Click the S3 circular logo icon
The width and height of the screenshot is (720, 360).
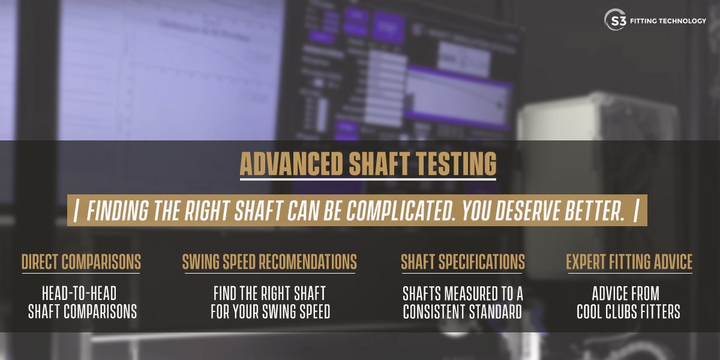615,20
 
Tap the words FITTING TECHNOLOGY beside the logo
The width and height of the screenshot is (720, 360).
668,21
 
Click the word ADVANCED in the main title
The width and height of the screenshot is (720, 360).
291,164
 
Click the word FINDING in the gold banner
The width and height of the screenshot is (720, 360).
118,211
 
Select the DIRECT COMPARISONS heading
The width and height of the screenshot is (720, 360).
81,262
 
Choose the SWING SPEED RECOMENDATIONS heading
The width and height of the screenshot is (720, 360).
269,262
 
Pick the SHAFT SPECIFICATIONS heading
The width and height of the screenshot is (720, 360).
463,262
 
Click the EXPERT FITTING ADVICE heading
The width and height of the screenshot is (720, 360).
629,262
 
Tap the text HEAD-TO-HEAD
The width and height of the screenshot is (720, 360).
79,293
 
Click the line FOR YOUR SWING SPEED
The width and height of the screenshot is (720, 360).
271,311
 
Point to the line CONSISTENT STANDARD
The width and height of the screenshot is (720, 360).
463,311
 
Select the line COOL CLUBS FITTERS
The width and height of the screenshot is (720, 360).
628,311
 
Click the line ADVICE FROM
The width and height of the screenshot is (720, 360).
626,293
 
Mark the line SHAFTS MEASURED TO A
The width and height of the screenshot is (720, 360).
463,293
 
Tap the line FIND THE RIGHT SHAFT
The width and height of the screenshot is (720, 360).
269,293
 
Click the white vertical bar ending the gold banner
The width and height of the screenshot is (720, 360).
636,211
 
